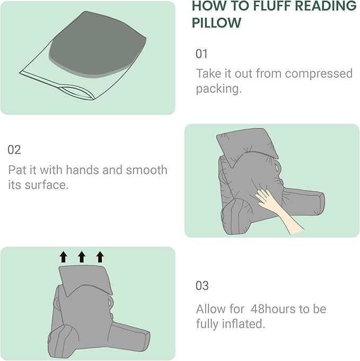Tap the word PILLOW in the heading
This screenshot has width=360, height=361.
[x=216, y=23]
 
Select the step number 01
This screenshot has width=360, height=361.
[x=201, y=54]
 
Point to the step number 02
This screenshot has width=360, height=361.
[x=14, y=149]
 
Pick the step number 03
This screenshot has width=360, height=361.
[x=202, y=286]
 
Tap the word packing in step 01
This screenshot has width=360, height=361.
[x=218, y=89]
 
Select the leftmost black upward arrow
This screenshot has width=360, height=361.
[x=63, y=257]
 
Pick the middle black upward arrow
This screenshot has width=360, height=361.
[x=82, y=257]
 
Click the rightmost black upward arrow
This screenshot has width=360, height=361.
[x=100, y=257]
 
